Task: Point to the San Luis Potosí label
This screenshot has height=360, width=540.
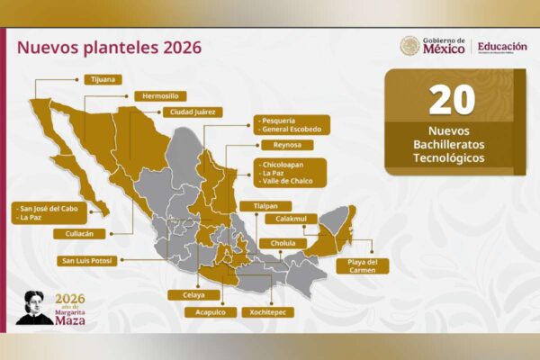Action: click(86, 261)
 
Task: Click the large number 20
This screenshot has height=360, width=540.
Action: click(452, 100)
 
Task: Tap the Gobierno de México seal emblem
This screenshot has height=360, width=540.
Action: click(409, 46)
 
